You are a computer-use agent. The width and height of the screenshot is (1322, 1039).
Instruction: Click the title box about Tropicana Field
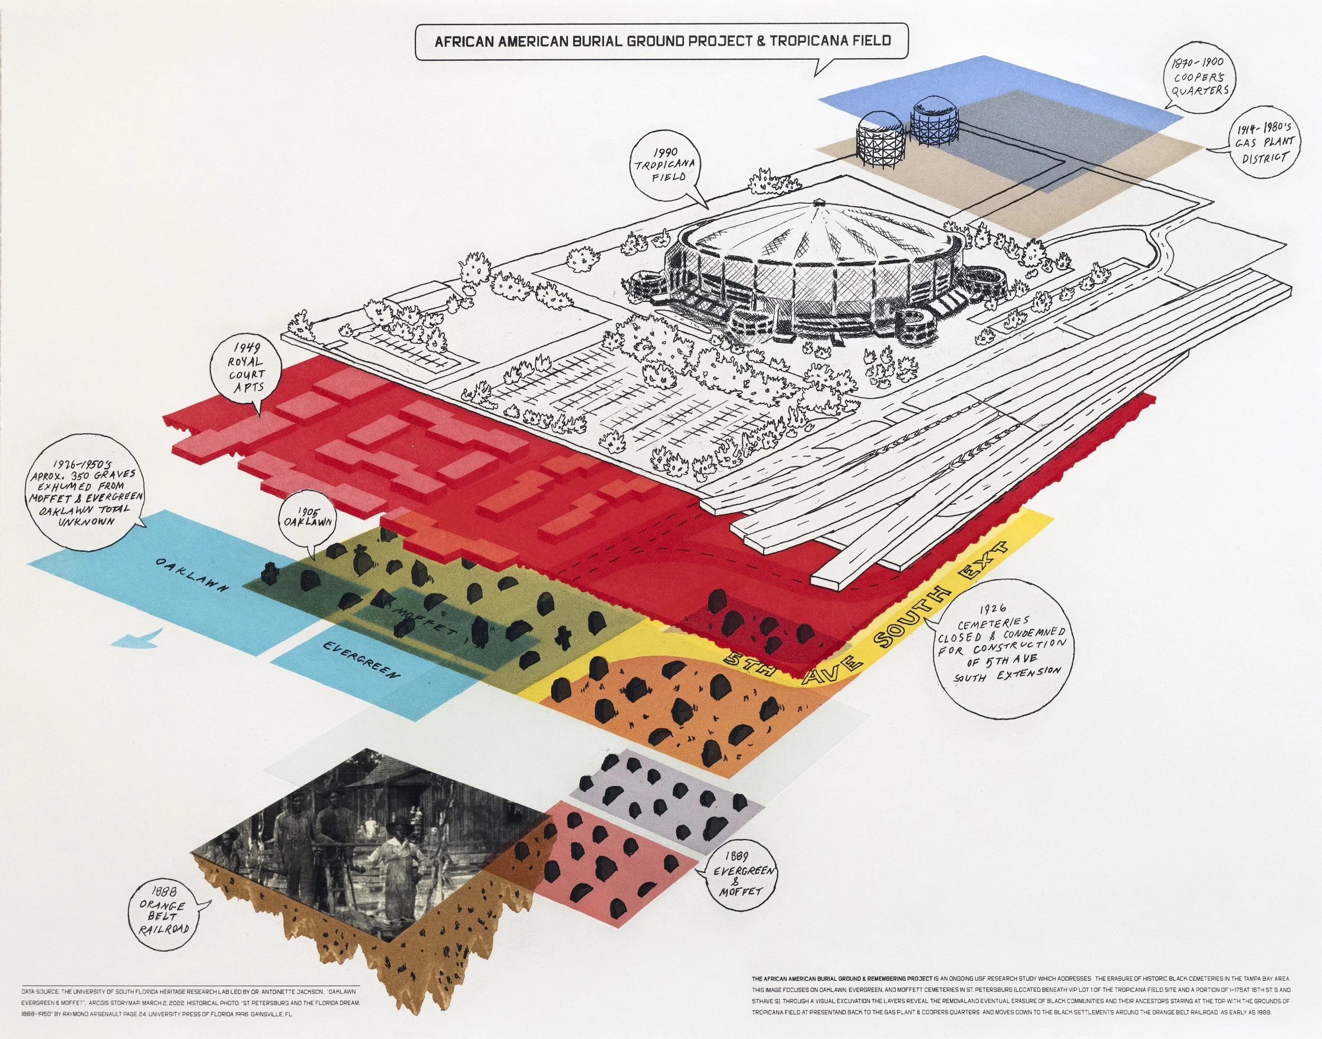pyautogui.click(x=662, y=41)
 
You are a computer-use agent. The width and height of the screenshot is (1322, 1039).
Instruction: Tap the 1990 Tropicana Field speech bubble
pyautogui.click(x=665, y=164)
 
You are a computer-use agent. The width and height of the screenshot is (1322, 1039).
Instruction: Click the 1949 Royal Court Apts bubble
pyautogui.click(x=246, y=368)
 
